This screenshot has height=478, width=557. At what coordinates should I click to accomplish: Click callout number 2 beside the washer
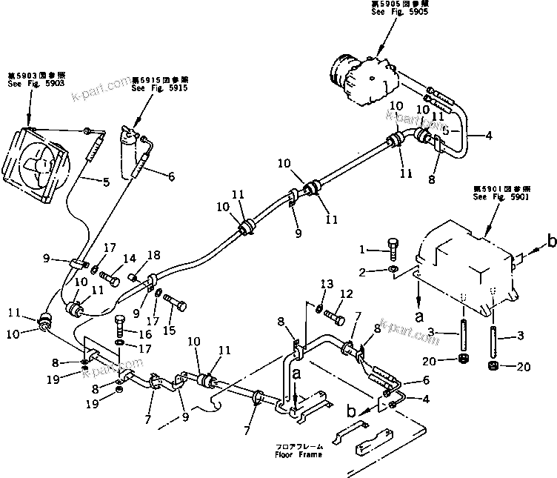(363, 273)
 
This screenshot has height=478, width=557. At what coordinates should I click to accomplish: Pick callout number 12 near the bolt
(343, 294)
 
